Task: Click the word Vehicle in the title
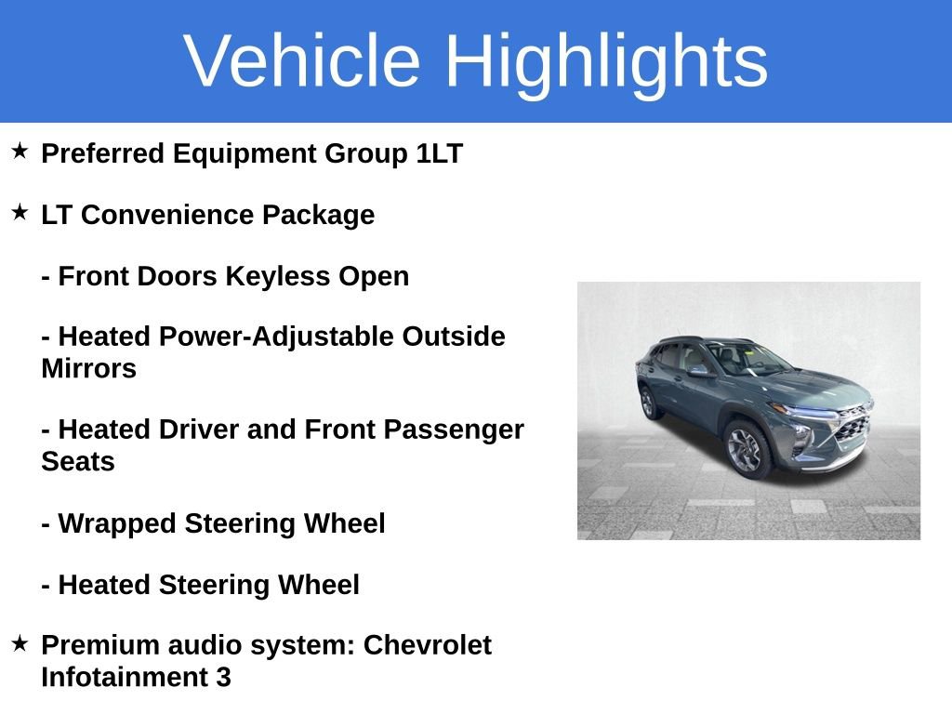[302, 60]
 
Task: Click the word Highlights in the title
[606, 62]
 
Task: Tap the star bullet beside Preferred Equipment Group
[20, 151]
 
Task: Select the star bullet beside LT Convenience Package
[20, 212]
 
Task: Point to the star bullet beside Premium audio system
[20, 642]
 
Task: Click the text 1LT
[439, 153]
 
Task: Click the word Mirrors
[88, 368]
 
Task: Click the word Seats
[77, 461]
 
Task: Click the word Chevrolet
[427, 644]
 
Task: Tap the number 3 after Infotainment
[223, 677]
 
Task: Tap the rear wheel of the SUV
[648, 402]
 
